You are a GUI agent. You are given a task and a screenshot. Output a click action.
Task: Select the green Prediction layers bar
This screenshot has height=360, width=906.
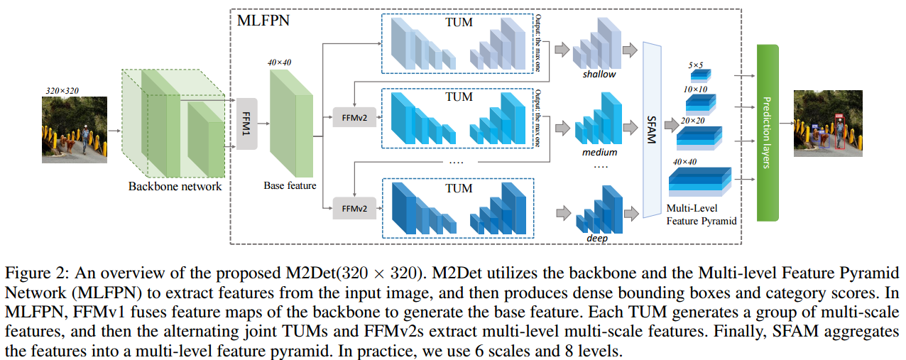point(768,132)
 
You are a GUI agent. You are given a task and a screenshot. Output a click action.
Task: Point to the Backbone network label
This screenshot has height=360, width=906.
point(175,187)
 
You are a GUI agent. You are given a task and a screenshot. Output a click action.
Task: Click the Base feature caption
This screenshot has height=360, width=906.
point(290,186)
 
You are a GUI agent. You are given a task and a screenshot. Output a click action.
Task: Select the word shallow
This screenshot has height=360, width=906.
point(600,74)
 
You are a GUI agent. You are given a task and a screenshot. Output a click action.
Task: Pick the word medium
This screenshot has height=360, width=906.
point(600,152)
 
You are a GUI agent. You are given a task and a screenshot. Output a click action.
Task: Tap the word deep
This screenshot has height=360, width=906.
point(596,239)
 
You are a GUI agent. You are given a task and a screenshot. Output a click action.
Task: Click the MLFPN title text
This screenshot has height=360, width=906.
point(263,20)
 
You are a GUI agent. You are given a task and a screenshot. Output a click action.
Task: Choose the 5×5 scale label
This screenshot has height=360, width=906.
point(696,65)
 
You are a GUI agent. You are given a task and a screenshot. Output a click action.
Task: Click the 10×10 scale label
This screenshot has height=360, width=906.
point(696,90)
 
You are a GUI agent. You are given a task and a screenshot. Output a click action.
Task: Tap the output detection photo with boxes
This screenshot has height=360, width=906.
point(828,124)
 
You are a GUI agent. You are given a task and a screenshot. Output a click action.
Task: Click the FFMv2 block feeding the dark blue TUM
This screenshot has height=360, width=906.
point(354,209)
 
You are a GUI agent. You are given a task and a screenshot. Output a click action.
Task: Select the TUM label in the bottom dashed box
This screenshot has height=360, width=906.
point(459,188)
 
